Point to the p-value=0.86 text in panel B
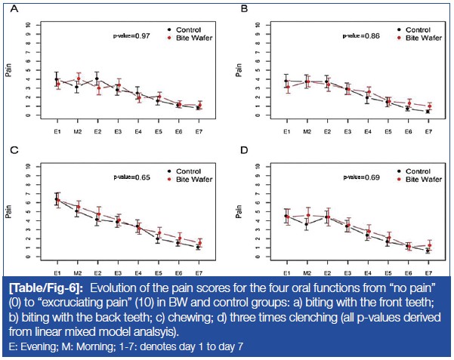point(362,35)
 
